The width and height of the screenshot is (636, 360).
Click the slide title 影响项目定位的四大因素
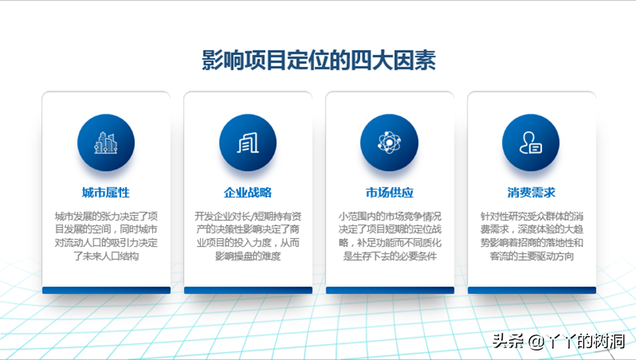click(x=319, y=60)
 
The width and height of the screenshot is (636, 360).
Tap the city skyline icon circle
click(x=106, y=143)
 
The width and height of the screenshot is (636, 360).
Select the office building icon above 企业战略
click(x=248, y=143)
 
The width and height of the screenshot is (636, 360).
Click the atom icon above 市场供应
click(x=390, y=143)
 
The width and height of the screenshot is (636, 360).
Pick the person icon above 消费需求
click(x=531, y=143)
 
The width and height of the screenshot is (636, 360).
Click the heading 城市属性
click(x=106, y=192)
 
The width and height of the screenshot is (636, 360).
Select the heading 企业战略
click(x=248, y=192)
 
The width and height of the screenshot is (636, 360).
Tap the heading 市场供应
click(x=390, y=192)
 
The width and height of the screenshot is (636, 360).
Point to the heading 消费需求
click(x=531, y=192)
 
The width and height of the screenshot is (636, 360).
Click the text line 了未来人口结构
click(x=106, y=256)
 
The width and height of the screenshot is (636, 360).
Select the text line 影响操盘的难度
click(x=248, y=256)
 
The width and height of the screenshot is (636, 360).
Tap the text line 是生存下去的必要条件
click(x=390, y=256)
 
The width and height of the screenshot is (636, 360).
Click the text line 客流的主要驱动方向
click(x=532, y=256)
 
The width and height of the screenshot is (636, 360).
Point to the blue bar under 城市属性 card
click(x=107, y=290)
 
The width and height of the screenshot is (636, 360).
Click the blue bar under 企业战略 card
click(x=249, y=290)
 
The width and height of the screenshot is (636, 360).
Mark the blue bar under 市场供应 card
click(x=390, y=290)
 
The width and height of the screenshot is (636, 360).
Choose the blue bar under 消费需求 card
click(x=532, y=290)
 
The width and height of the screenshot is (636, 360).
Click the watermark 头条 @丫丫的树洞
click(x=559, y=342)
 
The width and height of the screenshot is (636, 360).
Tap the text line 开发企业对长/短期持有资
click(x=248, y=217)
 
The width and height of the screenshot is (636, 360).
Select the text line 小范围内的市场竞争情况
click(x=390, y=217)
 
